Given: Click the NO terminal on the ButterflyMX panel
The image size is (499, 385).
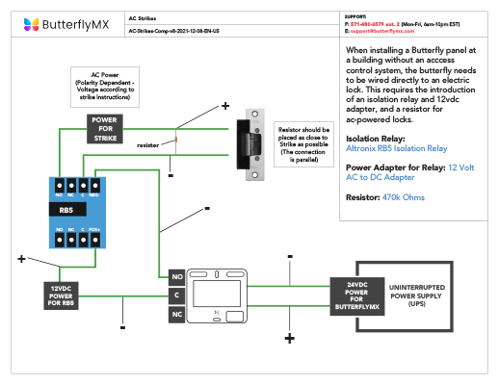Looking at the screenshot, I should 176,276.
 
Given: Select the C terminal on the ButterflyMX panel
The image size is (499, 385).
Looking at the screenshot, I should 176,295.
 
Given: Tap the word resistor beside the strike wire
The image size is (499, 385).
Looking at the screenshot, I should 147,145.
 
